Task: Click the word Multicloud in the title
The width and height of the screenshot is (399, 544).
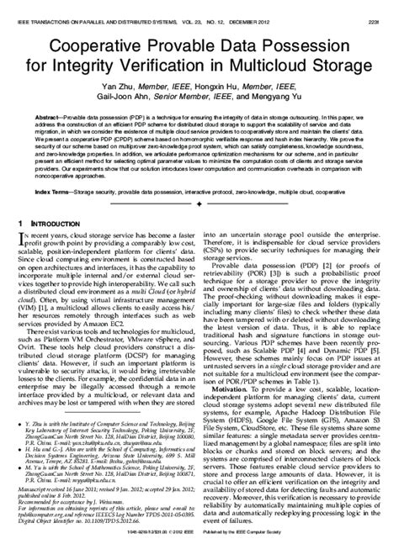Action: pos(269,66)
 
